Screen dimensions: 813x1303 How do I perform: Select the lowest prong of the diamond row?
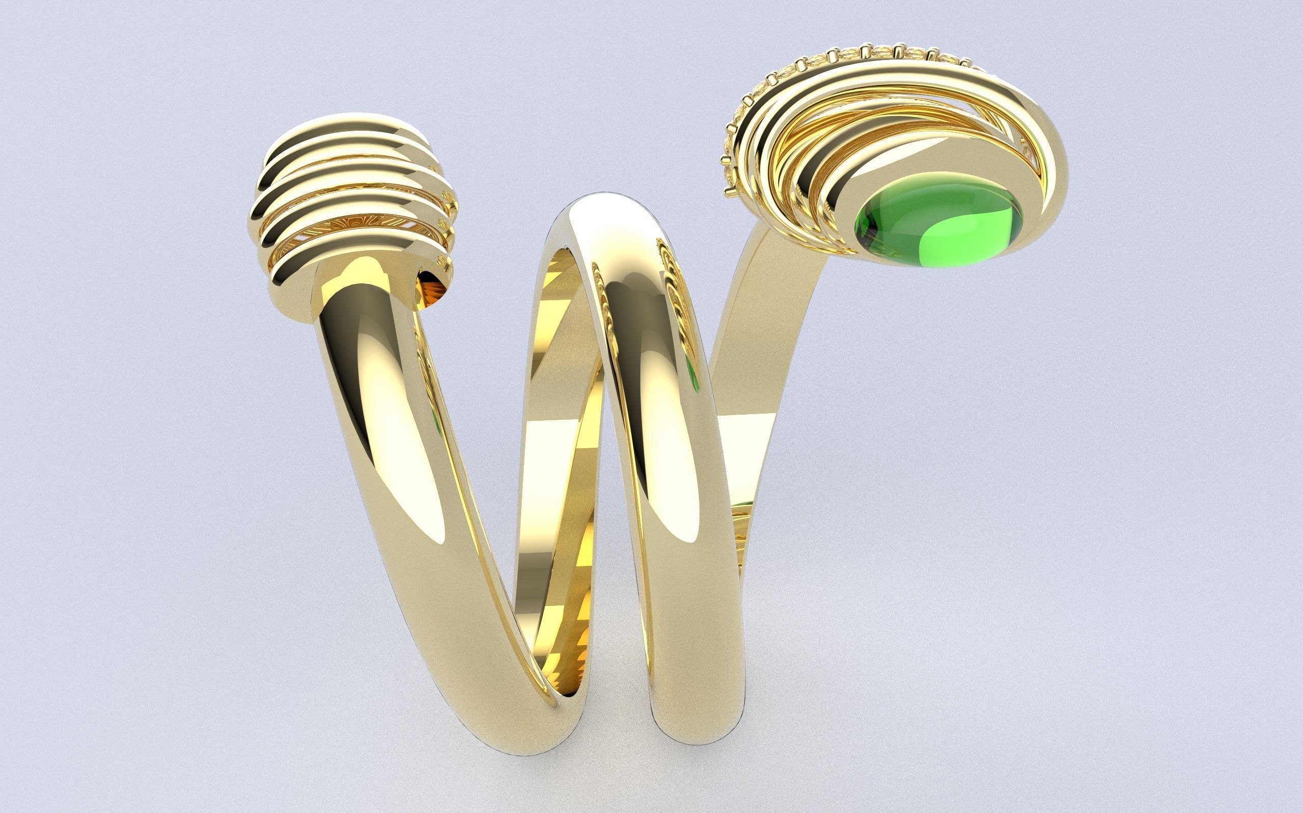click(x=730, y=188)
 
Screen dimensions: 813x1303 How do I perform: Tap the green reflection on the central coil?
click(x=694, y=371)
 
